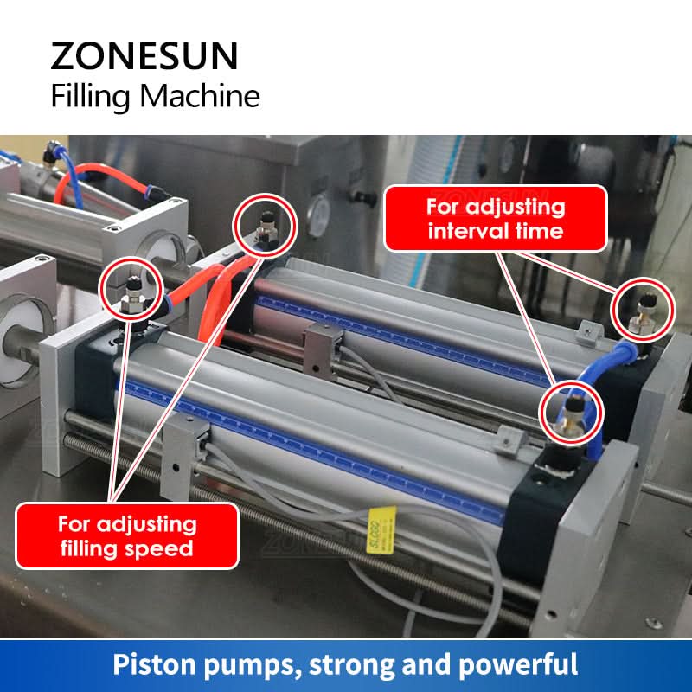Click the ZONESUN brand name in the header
144,55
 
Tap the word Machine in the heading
200,96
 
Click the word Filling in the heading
91,97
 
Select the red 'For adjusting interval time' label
496,219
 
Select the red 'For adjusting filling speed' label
127,535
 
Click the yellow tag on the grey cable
381,530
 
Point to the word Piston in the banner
155,665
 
